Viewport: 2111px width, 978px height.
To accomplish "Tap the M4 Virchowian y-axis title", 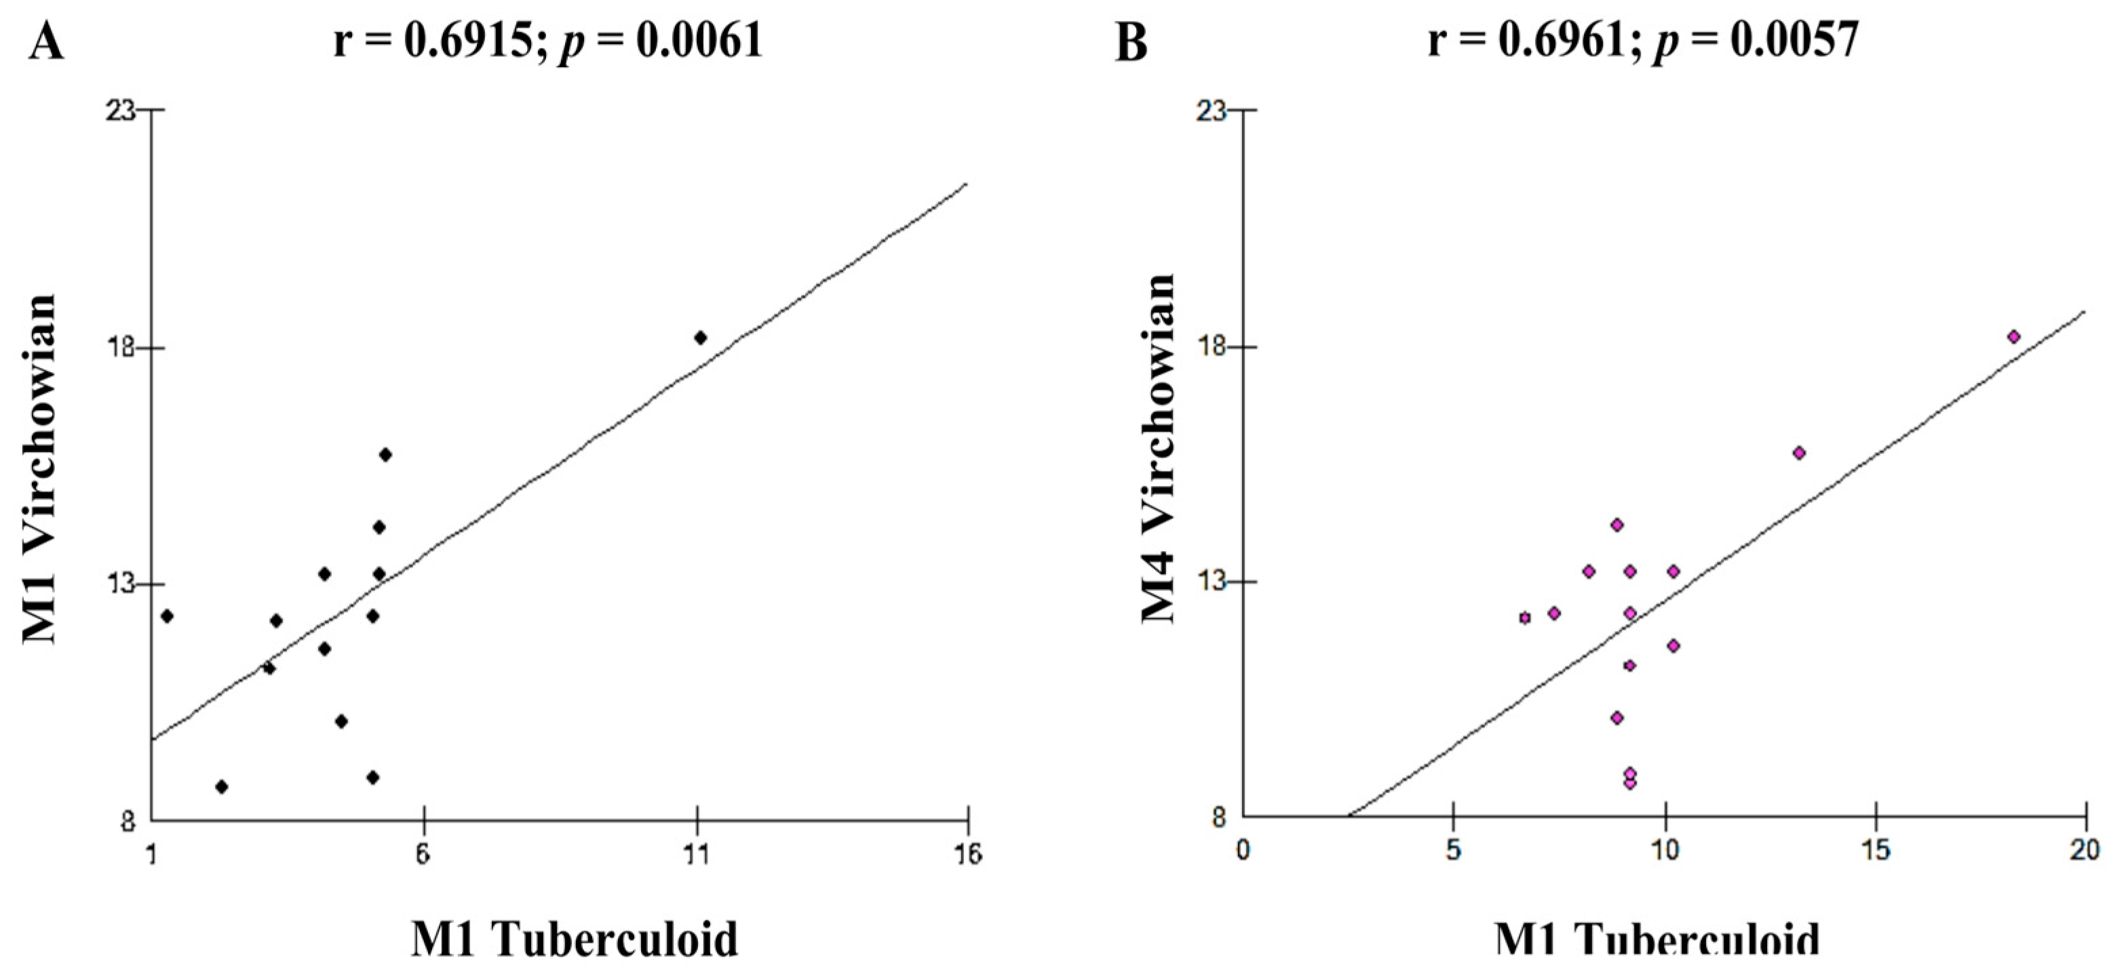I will pos(1158,449).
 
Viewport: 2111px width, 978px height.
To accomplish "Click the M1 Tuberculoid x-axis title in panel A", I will pos(574,939).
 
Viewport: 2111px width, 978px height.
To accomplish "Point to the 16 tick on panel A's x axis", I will pos(968,855).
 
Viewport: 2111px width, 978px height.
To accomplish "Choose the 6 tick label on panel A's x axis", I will pos(423,855).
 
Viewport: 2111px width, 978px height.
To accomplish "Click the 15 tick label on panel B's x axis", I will pos(1876,851).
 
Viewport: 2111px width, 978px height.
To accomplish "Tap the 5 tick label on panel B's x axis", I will pos(1453,851).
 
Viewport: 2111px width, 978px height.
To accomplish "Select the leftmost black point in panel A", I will pos(167,616).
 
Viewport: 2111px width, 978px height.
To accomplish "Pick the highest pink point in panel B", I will pos(2013,337).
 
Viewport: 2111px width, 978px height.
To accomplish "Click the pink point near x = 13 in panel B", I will pos(1800,453).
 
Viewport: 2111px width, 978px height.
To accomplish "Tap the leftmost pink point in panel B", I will pos(1525,617).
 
